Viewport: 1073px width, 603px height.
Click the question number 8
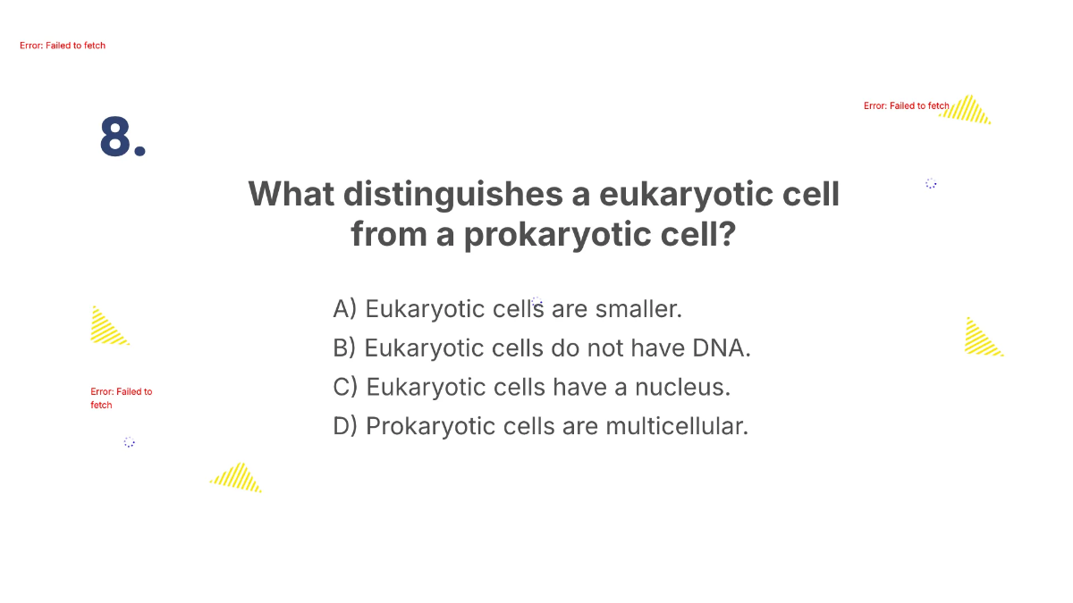click(123, 139)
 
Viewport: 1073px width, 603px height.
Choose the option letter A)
click(345, 309)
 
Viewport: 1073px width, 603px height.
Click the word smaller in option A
click(638, 309)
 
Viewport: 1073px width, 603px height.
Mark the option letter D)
click(345, 426)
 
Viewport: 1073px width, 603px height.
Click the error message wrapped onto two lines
click(121, 398)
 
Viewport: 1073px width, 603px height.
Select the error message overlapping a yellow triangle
click(906, 106)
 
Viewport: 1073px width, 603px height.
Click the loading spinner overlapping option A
click(536, 303)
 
